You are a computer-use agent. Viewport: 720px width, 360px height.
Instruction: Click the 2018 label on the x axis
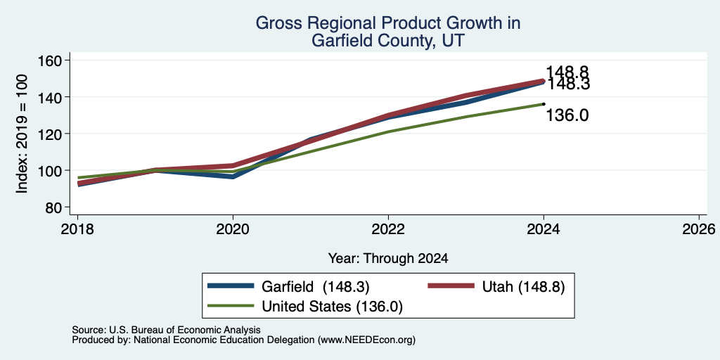pyautogui.click(x=77, y=229)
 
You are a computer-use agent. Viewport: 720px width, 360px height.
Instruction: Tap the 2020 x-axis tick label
pyautogui.click(x=233, y=229)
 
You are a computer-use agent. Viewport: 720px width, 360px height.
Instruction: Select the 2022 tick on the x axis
pyautogui.click(x=388, y=229)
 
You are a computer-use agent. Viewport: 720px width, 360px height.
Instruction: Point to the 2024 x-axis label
pyautogui.click(x=544, y=229)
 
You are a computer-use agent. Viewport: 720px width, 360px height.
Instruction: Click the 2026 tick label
pyautogui.click(x=699, y=229)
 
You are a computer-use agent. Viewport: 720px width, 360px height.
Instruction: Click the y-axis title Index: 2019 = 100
pyautogui.click(x=22, y=134)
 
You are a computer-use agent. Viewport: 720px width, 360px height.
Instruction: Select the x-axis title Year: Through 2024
pyautogui.click(x=388, y=259)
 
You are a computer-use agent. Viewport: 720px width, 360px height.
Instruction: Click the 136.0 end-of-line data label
pyautogui.click(x=567, y=116)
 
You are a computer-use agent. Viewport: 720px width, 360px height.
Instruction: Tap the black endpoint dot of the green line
pyautogui.click(x=544, y=104)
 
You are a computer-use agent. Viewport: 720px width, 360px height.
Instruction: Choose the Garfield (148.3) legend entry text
pyautogui.click(x=316, y=287)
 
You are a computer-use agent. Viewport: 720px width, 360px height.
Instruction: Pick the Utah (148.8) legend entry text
pyautogui.click(x=523, y=287)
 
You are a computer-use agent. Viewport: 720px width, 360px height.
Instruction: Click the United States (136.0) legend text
pyautogui.click(x=332, y=307)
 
